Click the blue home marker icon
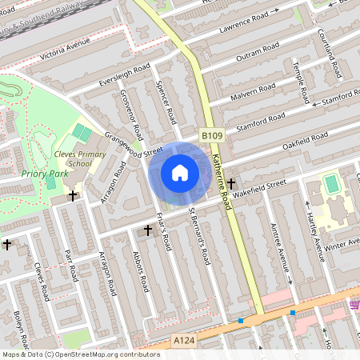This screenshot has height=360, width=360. tap(179, 172)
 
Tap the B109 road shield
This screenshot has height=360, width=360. tap(210, 137)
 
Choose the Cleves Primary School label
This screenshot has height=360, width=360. tap(73, 158)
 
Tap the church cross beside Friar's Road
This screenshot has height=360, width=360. tap(147, 230)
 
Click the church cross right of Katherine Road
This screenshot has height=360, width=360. tap(231, 183)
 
